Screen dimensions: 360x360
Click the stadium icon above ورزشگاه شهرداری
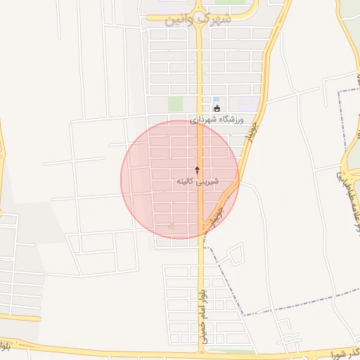click(x=216, y=108)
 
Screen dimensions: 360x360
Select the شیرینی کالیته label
click(x=197, y=181)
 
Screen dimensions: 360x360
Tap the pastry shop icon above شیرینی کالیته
click(x=197, y=170)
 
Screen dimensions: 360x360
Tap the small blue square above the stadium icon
click(x=216, y=99)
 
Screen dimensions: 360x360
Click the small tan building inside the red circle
click(x=171, y=226)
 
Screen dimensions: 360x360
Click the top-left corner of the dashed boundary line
click(x=339, y=92)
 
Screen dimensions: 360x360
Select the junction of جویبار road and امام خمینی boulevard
click(x=204, y=236)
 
